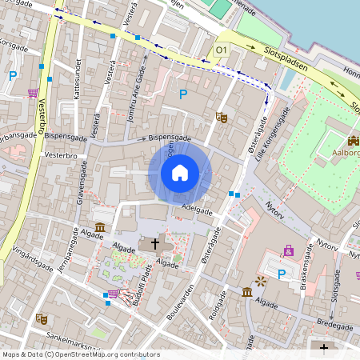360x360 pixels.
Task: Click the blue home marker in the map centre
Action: [x=180, y=172]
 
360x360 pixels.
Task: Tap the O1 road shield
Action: [x=222, y=50]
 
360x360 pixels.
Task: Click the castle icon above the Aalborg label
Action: [x=353, y=141]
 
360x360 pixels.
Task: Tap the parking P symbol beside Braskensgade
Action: [x=282, y=274]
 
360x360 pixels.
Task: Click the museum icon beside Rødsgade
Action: [x=247, y=294]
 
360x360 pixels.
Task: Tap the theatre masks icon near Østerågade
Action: [x=222, y=118]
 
